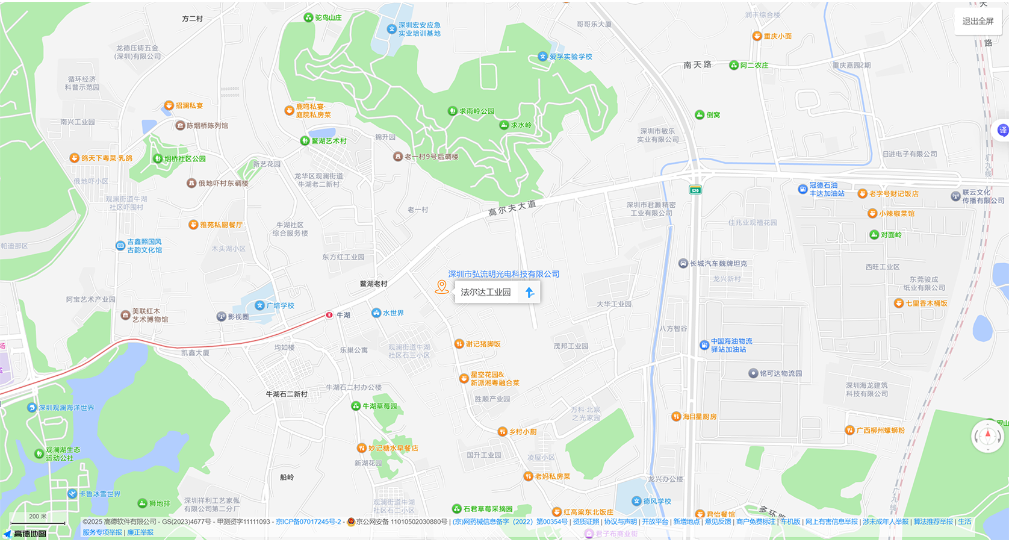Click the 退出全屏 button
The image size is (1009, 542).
tap(978, 21)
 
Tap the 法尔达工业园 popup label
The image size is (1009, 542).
tap(485, 292)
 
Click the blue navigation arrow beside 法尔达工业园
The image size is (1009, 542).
tap(530, 292)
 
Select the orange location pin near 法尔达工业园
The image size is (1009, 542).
tap(442, 287)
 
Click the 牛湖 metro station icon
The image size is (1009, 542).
tap(329, 315)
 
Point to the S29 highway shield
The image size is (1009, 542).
tap(695, 190)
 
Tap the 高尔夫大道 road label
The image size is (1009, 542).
tap(512, 208)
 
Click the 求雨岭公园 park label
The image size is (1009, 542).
tap(476, 111)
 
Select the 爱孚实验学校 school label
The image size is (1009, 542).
tap(570, 57)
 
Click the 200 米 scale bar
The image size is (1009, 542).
tap(37, 520)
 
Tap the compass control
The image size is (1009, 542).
tap(987, 435)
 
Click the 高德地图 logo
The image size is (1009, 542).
tap(25, 534)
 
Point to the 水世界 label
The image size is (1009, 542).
tap(393, 313)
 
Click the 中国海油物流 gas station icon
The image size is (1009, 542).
tap(704, 345)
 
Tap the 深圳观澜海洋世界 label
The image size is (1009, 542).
tap(66, 408)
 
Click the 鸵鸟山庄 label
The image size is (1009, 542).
tap(328, 18)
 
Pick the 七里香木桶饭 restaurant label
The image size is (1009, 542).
tap(927, 304)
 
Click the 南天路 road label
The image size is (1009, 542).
tap(697, 64)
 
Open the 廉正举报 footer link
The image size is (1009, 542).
tap(140, 532)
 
